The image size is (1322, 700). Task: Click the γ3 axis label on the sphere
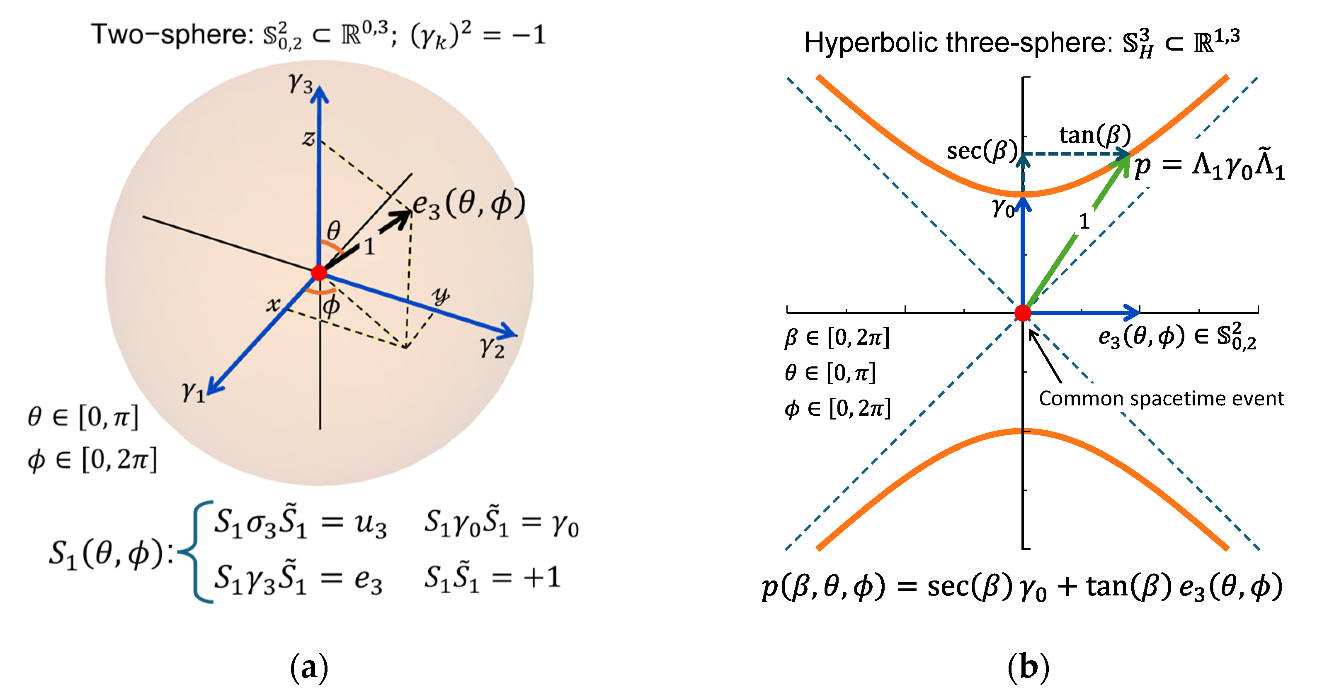(301, 83)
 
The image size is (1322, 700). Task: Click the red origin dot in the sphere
(319, 273)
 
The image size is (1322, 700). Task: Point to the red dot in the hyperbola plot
(1022, 312)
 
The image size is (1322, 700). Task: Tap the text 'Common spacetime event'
(1161, 398)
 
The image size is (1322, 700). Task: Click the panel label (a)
(309, 668)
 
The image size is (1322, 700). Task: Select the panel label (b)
(1028, 668)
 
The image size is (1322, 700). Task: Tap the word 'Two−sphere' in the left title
(170, 35)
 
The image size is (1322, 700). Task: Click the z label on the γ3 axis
(308, 138)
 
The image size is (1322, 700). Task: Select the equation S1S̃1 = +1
(492, 578)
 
